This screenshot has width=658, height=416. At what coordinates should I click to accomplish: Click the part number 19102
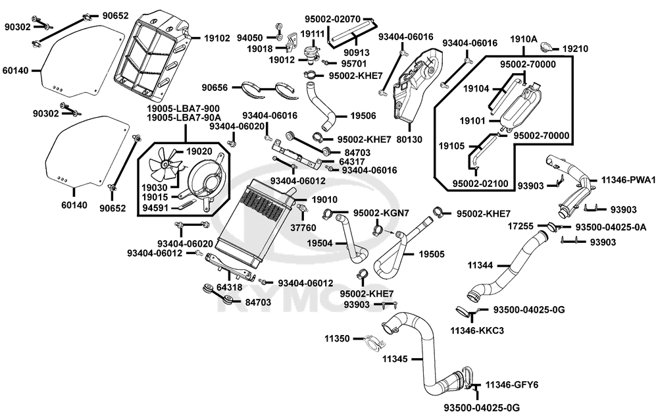tap(217, 38)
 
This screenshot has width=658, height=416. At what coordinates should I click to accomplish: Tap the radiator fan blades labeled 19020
tap(167, 163)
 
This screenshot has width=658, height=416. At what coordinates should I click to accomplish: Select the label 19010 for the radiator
tap(324, 199)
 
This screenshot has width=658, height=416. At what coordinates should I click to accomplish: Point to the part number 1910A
tap(524, 39)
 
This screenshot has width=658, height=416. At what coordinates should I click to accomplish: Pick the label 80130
tap(409, 139)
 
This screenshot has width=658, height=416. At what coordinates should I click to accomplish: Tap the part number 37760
tap(303, 228)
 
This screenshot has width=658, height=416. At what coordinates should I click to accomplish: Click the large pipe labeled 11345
tap(424, 357)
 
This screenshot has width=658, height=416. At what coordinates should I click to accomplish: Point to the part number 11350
tap(336, 338)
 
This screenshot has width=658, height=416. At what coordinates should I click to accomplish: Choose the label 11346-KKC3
tap(477, 330)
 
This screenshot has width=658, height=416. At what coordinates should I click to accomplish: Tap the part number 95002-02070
tap(332, 19)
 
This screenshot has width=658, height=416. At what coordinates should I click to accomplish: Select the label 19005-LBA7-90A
tap(184, 118)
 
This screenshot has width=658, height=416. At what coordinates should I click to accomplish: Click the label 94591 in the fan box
tap(155, 207)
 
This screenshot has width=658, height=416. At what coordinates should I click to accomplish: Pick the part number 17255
tap(520, 226)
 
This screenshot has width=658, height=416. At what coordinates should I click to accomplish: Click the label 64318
tap(229, 288)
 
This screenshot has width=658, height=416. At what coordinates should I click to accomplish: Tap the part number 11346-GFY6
tap(512, 385)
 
